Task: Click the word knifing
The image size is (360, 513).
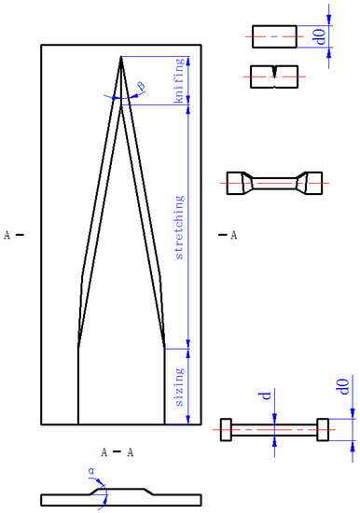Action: (180, 80)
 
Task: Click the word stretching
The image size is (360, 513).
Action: (180, 228)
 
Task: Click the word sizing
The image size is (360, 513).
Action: (180, 387)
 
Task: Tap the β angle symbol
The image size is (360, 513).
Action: (142, 87)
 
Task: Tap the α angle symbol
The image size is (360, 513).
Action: (91, 471)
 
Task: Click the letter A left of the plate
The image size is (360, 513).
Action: (7, 235)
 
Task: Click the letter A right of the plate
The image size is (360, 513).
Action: (234, 235)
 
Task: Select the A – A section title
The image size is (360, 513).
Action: (118, 452)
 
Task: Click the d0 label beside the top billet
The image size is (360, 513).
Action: (321, 36)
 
